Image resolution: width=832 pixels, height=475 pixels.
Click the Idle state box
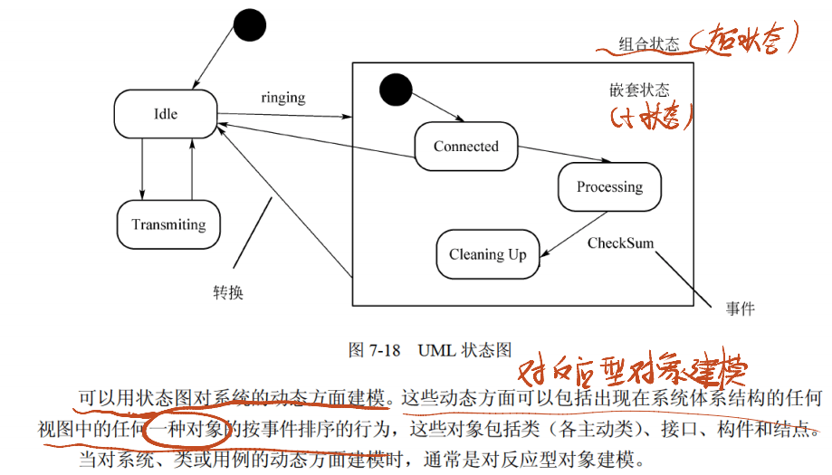pyautogui.click(x=166, y=115)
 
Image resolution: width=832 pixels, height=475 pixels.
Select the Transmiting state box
pyautogui.click(x=169, y=224)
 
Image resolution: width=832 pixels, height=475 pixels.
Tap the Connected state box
pyautogui.click(x=466, y=147)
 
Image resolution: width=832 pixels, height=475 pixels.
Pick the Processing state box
pyautogui.click(x=609, y=187)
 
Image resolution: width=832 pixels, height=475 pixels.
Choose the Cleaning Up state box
pyautogui.click(x=488, y=254)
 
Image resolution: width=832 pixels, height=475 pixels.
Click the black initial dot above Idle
pyautogui.click(x=249, y=28)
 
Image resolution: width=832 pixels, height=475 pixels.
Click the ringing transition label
pyautogui.click(x=282, y=98)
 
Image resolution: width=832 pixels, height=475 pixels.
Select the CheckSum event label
pyautogui.click(x=620, y=243)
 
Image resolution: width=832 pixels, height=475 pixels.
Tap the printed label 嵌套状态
pyautogui.click(x=639, y=90)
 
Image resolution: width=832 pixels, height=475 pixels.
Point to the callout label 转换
pyautogui.click(x=228, y=293)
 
